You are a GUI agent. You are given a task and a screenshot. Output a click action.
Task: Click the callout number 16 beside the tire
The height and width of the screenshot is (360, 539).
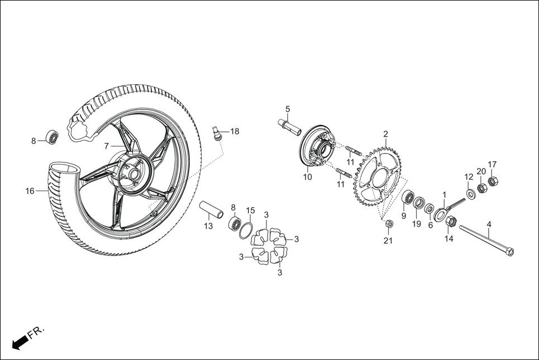point(30,191)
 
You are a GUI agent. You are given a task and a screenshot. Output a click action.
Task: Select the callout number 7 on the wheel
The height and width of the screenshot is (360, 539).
point(106,146)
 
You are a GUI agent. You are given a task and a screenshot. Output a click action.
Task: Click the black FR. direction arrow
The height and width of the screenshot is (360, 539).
point(20,342)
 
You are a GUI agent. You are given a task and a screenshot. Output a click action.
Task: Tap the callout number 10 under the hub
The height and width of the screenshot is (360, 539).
point(307,177)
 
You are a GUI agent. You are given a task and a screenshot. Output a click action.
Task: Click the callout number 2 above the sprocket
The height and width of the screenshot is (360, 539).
point(385,133)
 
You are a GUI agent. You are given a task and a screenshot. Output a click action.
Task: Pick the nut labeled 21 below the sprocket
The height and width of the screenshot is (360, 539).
point(389,224)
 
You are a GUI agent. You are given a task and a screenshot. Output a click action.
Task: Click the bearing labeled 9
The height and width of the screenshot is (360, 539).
point(408,198)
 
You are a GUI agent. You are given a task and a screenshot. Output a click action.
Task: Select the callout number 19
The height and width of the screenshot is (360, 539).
point(417,224)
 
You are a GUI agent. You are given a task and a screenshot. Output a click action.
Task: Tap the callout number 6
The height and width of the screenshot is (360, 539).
point(430,225)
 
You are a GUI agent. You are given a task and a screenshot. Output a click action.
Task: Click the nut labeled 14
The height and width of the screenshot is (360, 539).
point(451,222)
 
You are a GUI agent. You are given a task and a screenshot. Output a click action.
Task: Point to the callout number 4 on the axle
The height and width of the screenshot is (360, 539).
point(489,225)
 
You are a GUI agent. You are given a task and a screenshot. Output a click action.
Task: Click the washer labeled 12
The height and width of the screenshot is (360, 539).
point(471,193)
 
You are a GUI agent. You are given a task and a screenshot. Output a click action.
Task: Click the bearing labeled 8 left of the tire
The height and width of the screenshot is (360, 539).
point(53,137)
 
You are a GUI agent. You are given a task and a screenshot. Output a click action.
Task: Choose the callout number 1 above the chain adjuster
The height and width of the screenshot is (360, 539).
point(444,195)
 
